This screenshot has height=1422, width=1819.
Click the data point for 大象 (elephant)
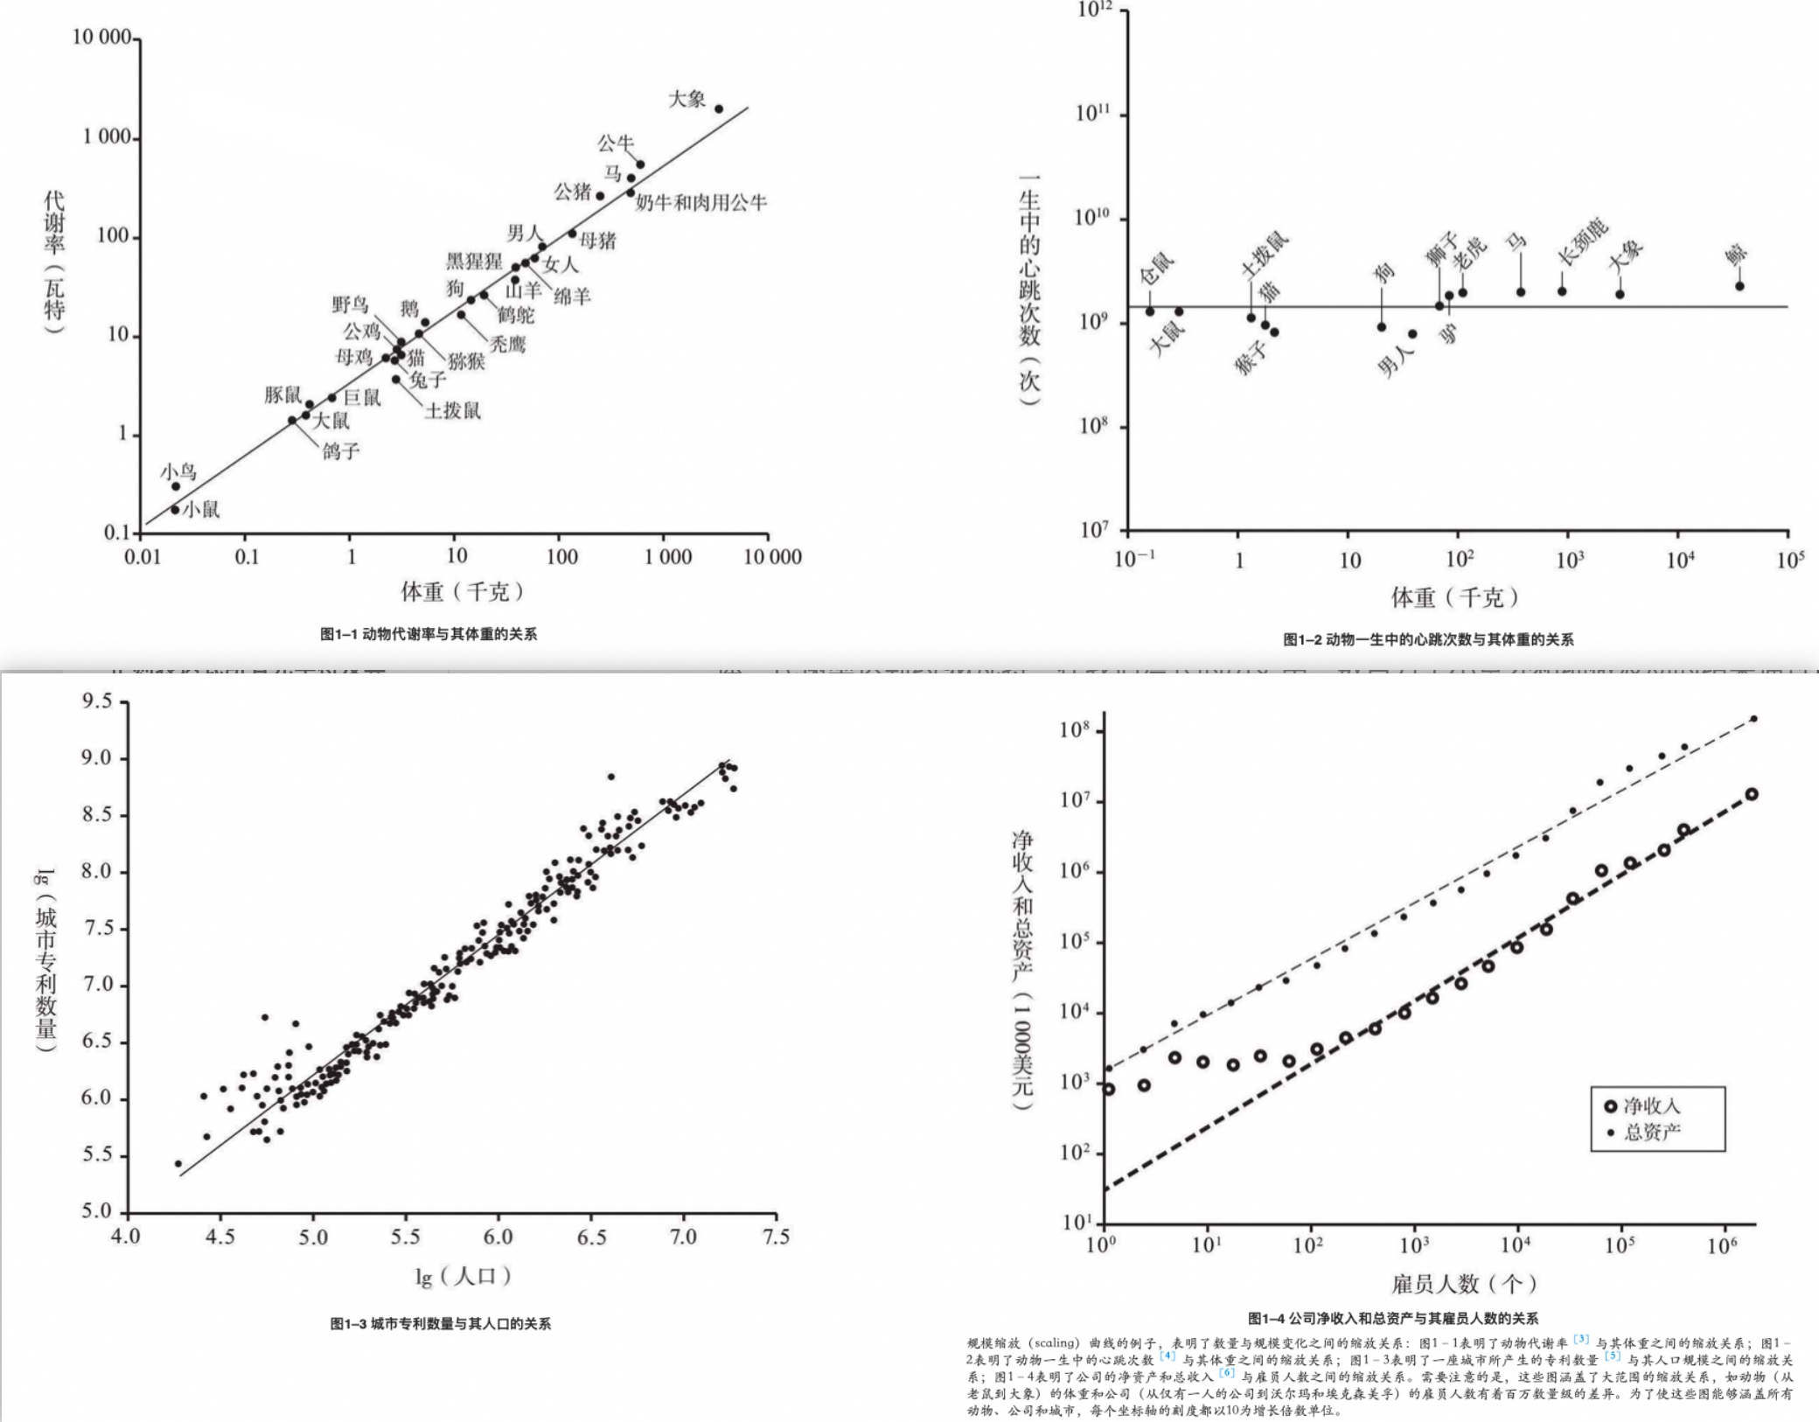pos(719,109)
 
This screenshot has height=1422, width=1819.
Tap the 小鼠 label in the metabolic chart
pos(201,509)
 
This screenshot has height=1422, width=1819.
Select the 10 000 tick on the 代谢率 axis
pos(101,38)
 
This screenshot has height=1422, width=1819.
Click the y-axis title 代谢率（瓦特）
pos(54,262)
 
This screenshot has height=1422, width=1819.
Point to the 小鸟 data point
pos(176,486)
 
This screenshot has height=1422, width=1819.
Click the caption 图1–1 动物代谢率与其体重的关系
pos(429,634)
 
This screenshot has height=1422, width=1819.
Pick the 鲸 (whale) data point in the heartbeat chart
pos(1739,286)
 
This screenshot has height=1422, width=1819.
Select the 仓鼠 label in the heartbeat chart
pos(1158,268)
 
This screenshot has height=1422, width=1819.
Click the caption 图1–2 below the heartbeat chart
pos(1427,640)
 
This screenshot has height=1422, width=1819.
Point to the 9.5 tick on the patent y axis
pos(97,701)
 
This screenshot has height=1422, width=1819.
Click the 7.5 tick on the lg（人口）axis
pos(775,1237)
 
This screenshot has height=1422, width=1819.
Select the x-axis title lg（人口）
pos(463,1277)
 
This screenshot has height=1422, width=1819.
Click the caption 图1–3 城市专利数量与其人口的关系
pos(441,1324)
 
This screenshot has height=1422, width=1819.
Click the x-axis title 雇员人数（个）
pos(1463,1284)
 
